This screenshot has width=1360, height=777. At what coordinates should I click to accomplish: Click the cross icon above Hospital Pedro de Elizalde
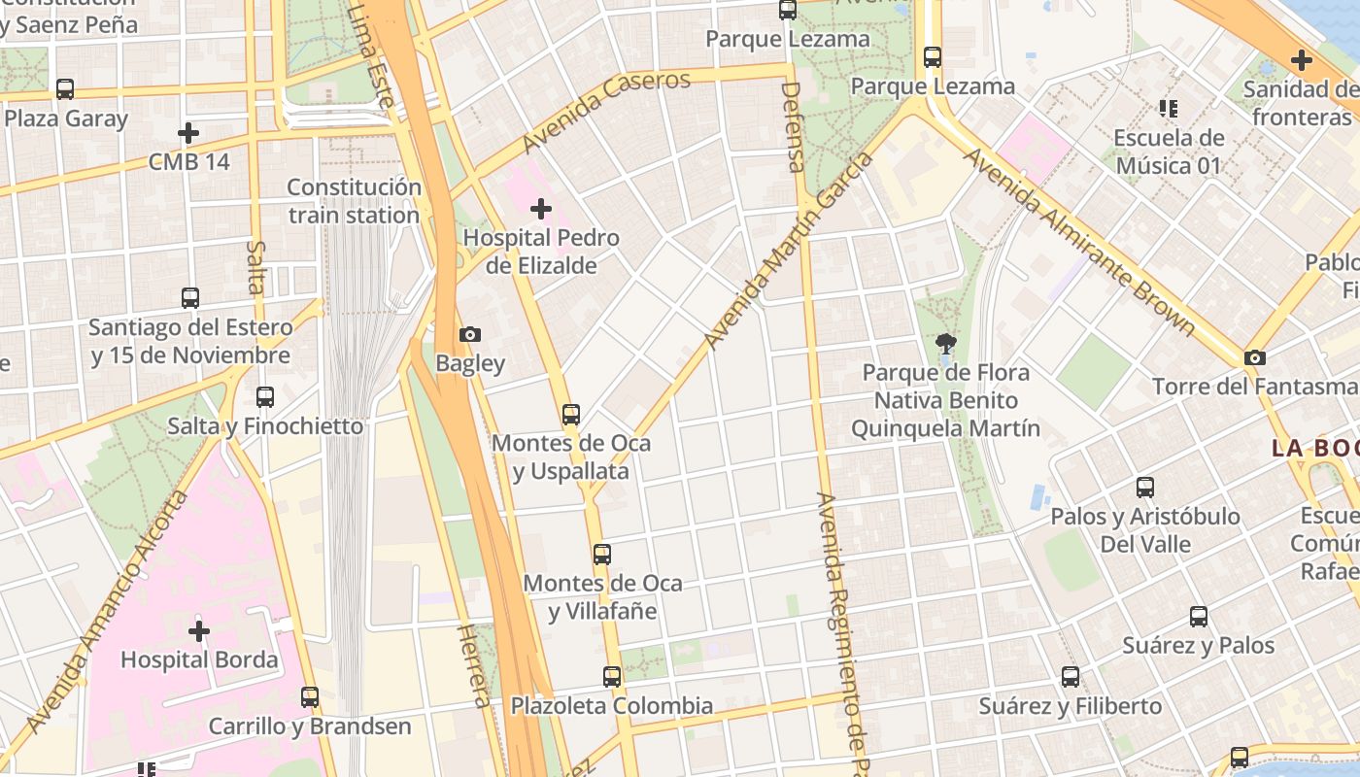point(541,209)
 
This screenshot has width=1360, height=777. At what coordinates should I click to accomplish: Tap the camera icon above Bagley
point(470,335)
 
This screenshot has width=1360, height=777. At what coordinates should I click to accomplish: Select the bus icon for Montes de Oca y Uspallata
point(571,415)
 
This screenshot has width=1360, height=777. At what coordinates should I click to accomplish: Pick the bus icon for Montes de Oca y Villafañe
point(602,555)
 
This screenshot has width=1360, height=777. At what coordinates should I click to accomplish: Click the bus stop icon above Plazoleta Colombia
point(612,677)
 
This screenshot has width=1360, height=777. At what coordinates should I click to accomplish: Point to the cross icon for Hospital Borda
point(199,631)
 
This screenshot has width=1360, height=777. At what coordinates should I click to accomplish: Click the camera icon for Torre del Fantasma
point(1255,357)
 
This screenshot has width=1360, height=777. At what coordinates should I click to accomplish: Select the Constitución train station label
point(354,201)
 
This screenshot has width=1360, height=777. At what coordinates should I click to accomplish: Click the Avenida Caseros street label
point(606,111)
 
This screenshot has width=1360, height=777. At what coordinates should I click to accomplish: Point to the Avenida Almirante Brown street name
point(1077,242)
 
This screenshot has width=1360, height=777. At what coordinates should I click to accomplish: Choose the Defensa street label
point(793,126)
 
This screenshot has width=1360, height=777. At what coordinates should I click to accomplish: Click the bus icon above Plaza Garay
point(65,89)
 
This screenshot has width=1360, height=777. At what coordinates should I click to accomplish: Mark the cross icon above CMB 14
point(188,133)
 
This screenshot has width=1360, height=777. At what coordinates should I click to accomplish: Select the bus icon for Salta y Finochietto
point(264,397)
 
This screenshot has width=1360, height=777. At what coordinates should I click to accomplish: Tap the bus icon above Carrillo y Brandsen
point(310,696)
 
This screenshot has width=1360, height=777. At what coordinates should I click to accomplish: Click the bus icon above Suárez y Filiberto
point(1071,677)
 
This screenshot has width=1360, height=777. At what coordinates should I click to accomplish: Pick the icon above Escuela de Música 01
point(1168,108)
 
